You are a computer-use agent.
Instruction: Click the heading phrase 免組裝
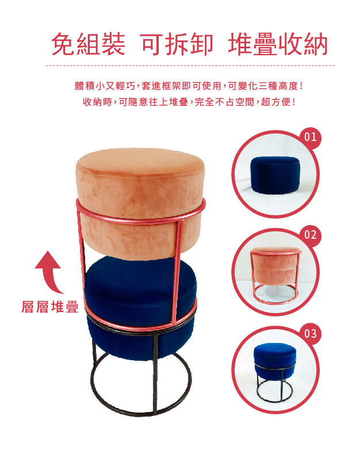click(x=88, y=44)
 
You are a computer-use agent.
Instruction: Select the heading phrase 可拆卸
click(x=177, y=44)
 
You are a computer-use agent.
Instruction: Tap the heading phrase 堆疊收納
click(x=278, y=44)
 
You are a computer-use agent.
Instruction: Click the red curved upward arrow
click(x=49, y=272)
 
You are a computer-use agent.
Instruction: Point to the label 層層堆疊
click(x=50, y=307)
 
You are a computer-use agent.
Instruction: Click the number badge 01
click(x=310, y=137)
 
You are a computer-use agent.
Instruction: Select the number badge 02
click(x=310, y=235)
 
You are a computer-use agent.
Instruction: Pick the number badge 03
click(x=310, y=334)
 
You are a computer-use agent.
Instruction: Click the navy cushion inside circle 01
click(x=275, y=175)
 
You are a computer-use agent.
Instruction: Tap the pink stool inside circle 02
click(x=275, y=275)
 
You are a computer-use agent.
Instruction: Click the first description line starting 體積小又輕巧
click(x=189, y=86)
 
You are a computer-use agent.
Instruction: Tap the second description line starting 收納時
click(x=189, y=102)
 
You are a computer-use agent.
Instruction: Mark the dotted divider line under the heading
click(x=189, y=66)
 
